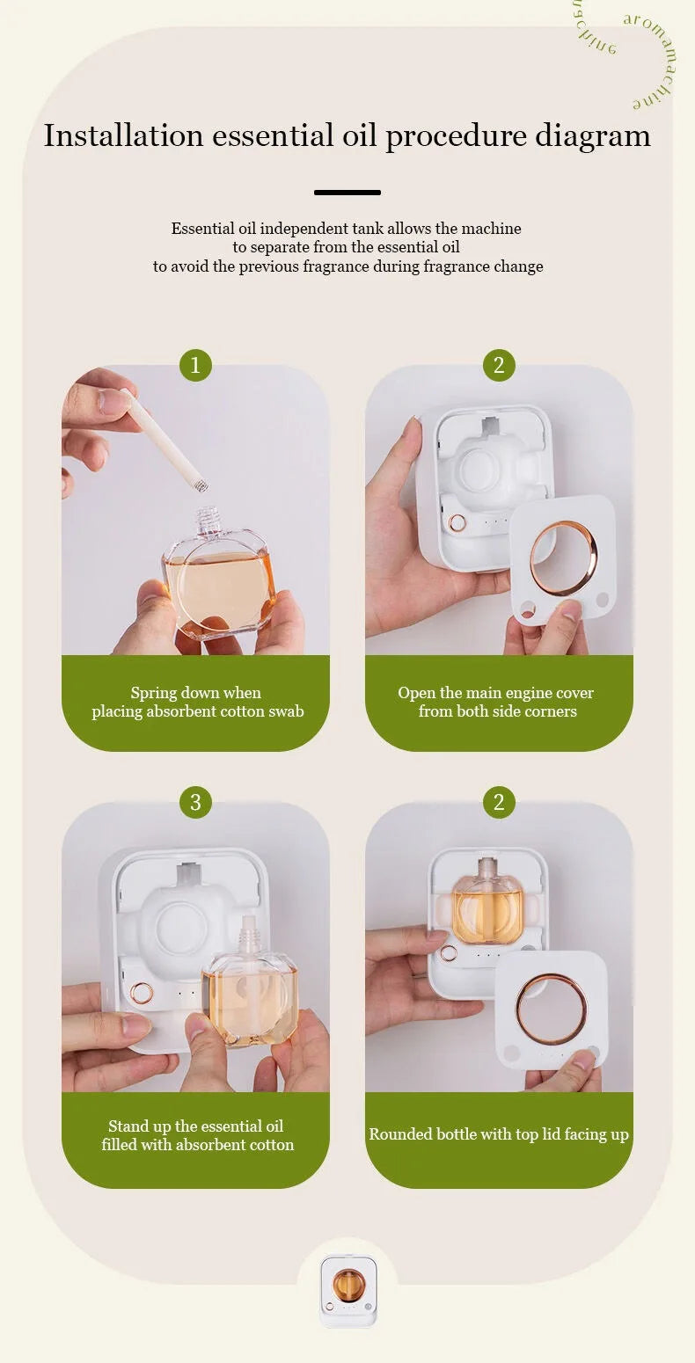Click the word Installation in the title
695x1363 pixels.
click(123, 135)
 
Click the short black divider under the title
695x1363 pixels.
click(347, 192)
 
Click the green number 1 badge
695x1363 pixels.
click(195, 365)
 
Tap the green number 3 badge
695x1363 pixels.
click(195, 802)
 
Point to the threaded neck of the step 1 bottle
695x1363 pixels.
click(207, 521)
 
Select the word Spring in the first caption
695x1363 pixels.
click(155, 693)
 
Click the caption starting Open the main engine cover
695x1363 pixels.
click(496, 702)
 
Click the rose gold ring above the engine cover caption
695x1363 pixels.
click(563, 558)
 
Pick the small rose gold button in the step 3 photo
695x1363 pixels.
click(141, 994)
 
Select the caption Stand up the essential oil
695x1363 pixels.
click(196, 1135)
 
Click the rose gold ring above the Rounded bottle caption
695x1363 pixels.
click(551, 1009)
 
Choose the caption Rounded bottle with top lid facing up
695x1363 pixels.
click(499, 1134)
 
